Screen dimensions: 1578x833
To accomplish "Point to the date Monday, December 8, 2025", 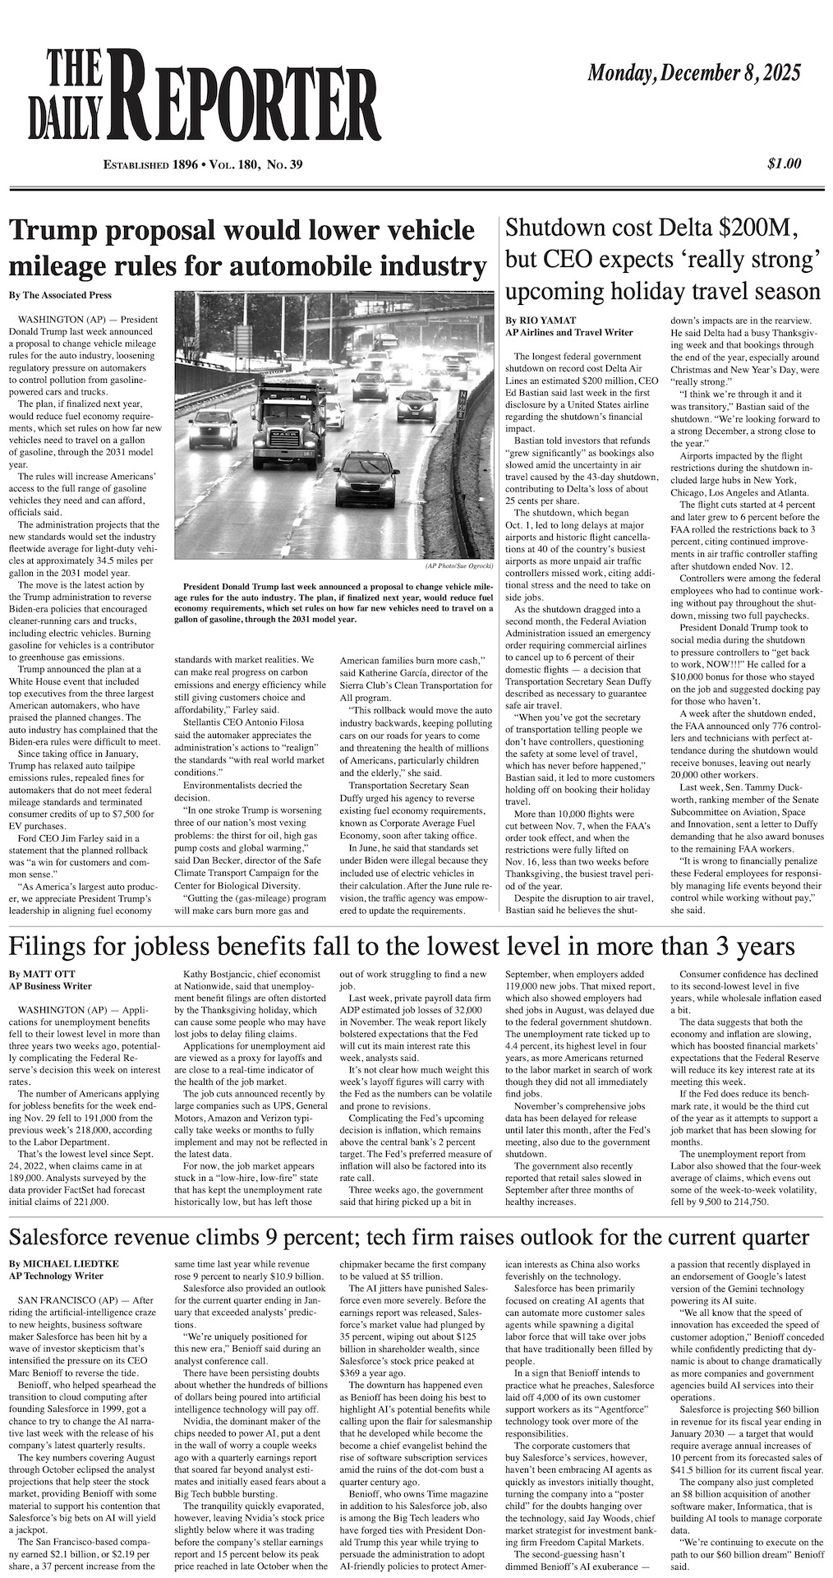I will [x=693, y=73].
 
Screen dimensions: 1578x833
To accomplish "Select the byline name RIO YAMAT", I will [x=548, y=321].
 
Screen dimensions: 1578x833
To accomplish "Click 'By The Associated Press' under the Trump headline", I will [x=60, y=295].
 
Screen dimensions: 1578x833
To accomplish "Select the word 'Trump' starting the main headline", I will [x=52, y=231].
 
